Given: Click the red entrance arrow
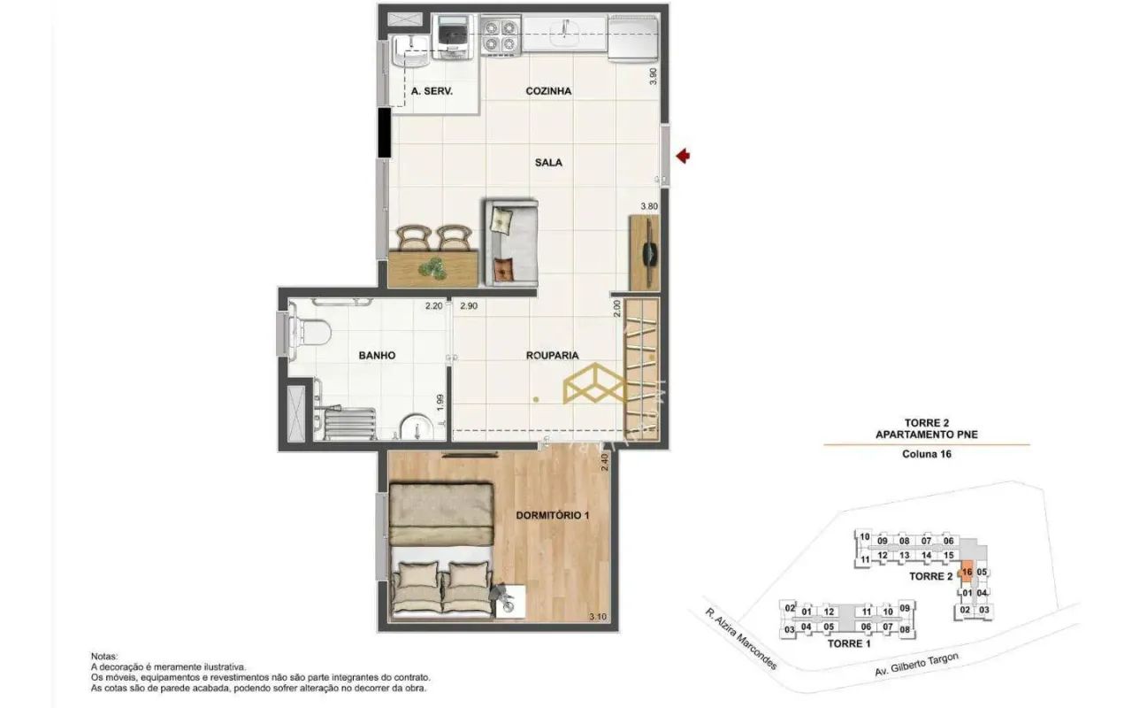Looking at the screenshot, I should (x=683, y=157).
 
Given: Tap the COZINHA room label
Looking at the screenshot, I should (x=548, y=91).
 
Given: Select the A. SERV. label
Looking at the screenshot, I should (x=432, y=91).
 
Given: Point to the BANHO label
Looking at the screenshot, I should (x=377, y=356).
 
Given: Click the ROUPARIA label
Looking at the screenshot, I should (x=552, y=356).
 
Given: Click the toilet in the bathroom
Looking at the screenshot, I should (x=312, y=333).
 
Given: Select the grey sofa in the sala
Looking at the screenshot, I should (x=510, y=242).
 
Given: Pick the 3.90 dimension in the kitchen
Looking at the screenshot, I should (x=653, y=76).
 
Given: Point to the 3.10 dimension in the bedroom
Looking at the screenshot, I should (x=598, y=617).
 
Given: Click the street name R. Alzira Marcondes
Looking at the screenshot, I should (x=740, y=638).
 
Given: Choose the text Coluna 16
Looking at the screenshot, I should (x=927, y=455).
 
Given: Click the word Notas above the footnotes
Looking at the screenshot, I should (x=104, y=656).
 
